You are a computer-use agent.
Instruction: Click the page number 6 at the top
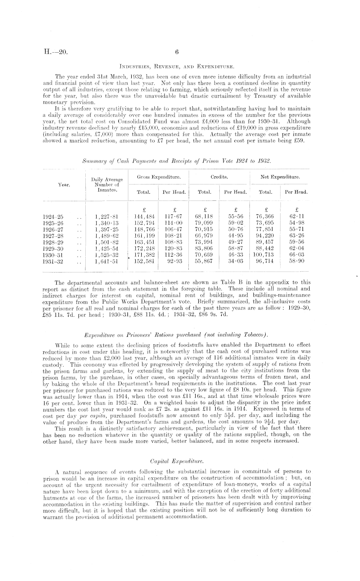pyautogui.click(x=177, y=52)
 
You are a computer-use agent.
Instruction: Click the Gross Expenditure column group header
pyautogui.click(x=159, y=177)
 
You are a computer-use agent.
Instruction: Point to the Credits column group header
pyautogui.click(x=219, y=177)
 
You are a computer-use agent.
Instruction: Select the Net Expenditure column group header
pyautogui.click(x=281, y=177)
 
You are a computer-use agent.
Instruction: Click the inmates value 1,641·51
pyautogui.click(x=105, y=261)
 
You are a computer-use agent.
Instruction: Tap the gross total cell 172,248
pyautogui.click(x=144, y=248)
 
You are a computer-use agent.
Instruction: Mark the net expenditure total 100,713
pyautogui.click(x=264, y=255)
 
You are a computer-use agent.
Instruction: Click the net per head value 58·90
pyautogui.click(x=297, y=261)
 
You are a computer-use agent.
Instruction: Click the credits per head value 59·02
pyautogui.click(x=236, y=223)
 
